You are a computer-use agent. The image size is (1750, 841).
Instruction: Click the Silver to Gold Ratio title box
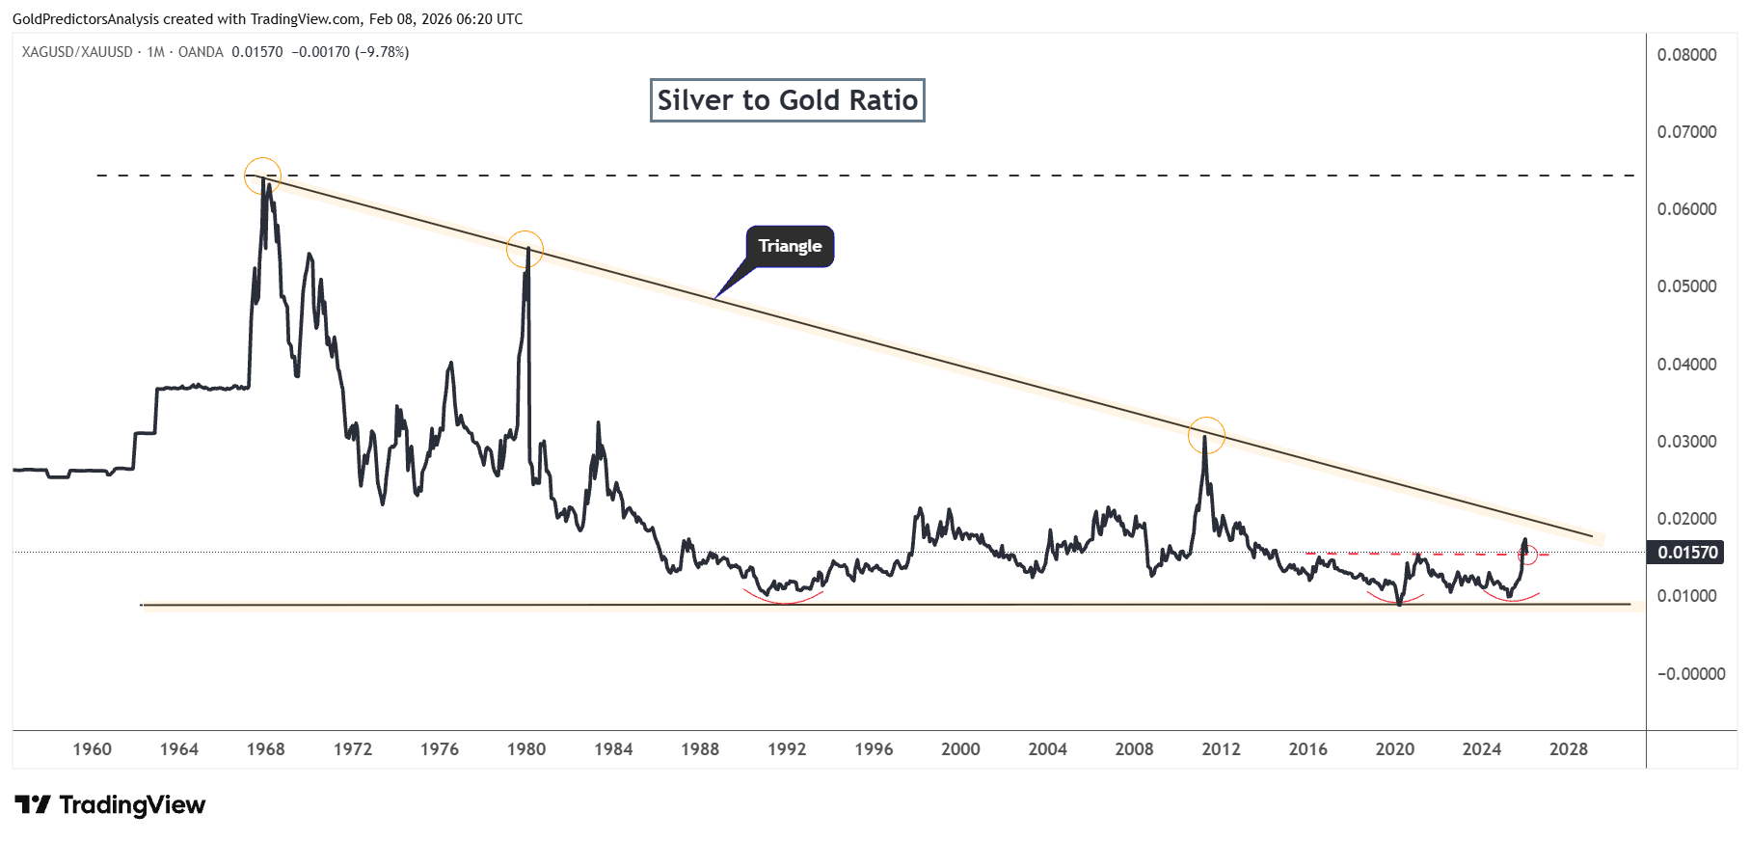(x=787, y=100)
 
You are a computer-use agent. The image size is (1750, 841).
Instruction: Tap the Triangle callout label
(x=790, y=246)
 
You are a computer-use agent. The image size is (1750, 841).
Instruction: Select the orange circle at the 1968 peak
(x=262, y=176)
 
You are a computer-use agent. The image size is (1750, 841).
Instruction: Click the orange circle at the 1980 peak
(x=525, y=250)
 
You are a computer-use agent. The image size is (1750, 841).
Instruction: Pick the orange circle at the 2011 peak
(x=1206, y=435)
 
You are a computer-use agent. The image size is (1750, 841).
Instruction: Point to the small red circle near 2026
(x=1527, y=556)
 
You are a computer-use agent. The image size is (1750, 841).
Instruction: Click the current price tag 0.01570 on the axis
(x=1687, y=553)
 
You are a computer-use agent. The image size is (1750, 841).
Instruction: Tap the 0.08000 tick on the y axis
(x=1686, y=55)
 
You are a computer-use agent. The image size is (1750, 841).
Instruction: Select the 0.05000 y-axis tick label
(x=1686, y=286)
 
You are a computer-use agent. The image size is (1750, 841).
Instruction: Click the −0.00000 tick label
(x=1690, y=674)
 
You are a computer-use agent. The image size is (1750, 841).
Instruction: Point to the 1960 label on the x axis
(x=93, y=749)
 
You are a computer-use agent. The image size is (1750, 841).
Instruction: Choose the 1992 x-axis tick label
(x=787, y=749)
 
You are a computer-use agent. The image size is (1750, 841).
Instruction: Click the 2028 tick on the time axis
(x=1568, y=749)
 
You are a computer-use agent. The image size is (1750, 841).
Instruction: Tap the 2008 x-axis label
(x=1134, y=749)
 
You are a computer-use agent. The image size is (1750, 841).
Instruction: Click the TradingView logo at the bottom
(x=111, y=805)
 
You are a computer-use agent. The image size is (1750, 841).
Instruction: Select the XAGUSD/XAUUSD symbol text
(x=77, y=52)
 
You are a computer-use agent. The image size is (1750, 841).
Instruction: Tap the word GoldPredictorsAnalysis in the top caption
(x=86, y=19)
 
